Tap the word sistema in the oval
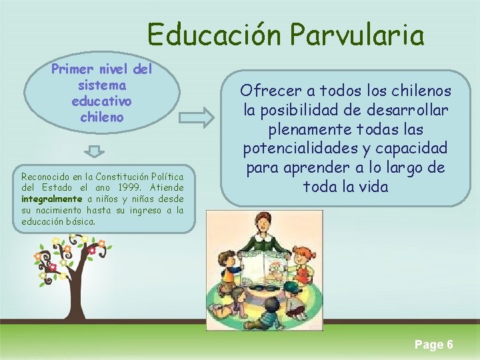(102, 85)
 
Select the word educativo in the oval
(101, 101)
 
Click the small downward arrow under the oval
(95, 151)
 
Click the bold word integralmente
(52, 199)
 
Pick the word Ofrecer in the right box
(265, 91)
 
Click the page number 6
(450, 344)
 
